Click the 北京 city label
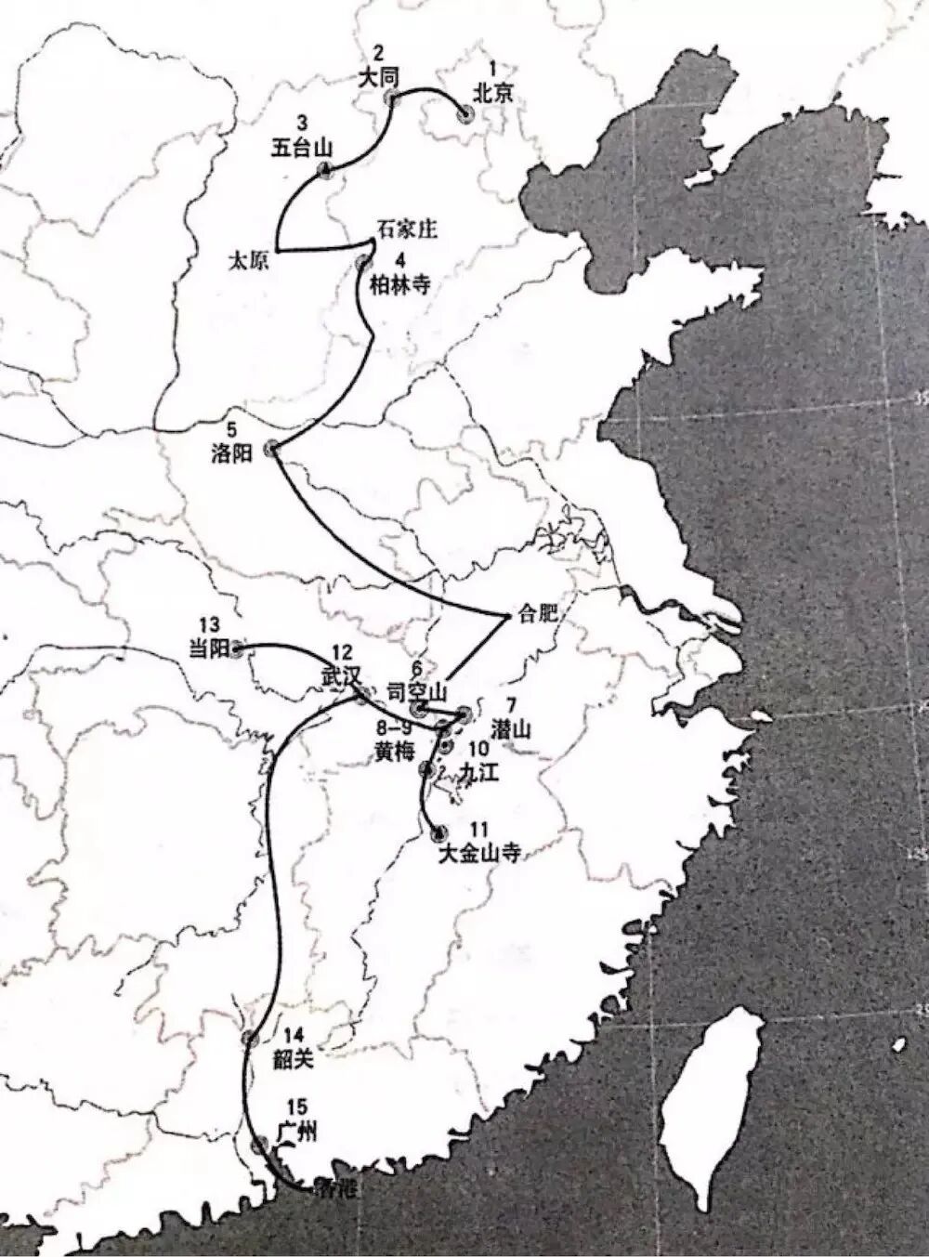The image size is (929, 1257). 491,93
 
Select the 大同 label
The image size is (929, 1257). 378,78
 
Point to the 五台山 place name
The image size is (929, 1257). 302,148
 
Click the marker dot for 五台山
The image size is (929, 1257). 324,169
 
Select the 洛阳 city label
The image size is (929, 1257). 231,454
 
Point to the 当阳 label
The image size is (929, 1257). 208,650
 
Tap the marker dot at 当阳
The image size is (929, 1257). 238,649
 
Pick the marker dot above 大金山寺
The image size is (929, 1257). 438,832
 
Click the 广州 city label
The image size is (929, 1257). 297,1133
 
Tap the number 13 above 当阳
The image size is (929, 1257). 209,624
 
